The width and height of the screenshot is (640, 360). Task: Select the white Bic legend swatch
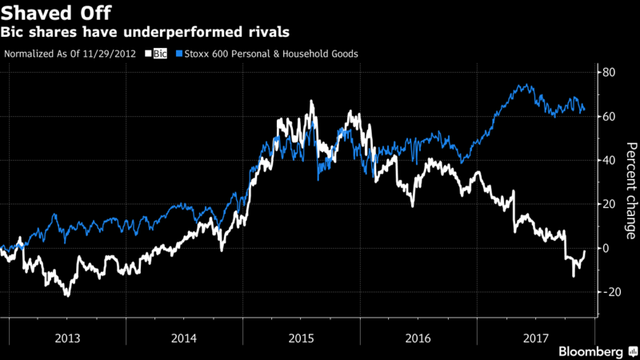(x=149, y=54)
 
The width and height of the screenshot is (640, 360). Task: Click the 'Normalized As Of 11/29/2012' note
(x=71, y=54)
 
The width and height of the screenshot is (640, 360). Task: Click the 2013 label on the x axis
(x=66, y=336)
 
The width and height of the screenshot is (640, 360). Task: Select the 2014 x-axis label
(x=184, y=336)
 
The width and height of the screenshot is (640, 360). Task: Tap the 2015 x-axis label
(x=301, y=336)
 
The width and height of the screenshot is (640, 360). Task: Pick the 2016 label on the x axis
(x=418, y=336)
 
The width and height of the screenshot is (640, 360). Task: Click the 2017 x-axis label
(x=534, y=336)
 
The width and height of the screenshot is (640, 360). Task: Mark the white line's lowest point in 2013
(x=67, y=296)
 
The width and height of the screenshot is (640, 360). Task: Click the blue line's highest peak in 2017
(x=525, y=84)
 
